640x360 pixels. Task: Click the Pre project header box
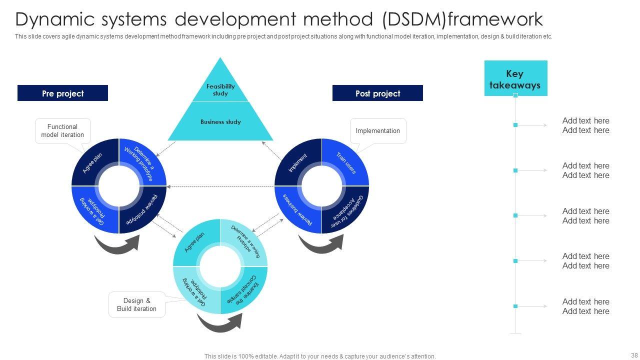(62, 93)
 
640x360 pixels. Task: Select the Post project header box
(377, 93)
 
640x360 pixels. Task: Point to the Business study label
(220, 122)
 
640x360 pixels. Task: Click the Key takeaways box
(515, 78)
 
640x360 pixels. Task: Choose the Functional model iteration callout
(63, 131)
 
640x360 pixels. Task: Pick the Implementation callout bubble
(378, 131)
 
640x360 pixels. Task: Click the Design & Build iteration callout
(137, 304)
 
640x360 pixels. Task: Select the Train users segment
(346, 163)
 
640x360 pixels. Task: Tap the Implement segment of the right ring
(298, 163)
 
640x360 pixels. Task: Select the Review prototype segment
(143, 210)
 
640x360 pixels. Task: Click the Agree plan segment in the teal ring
(195, 242)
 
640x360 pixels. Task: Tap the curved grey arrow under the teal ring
(219, 322)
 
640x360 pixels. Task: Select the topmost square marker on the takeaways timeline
(515, 95)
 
